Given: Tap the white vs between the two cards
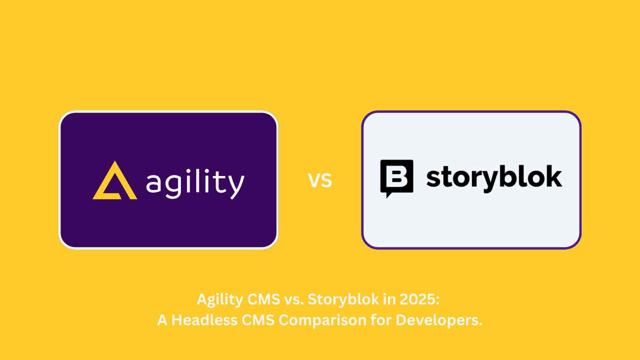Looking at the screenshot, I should tap(320, 180).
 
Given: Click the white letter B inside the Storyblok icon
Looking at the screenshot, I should tap(396, 175).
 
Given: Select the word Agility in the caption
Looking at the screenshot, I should tap(219, 300).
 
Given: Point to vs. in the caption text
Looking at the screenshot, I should tap(293, 300).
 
